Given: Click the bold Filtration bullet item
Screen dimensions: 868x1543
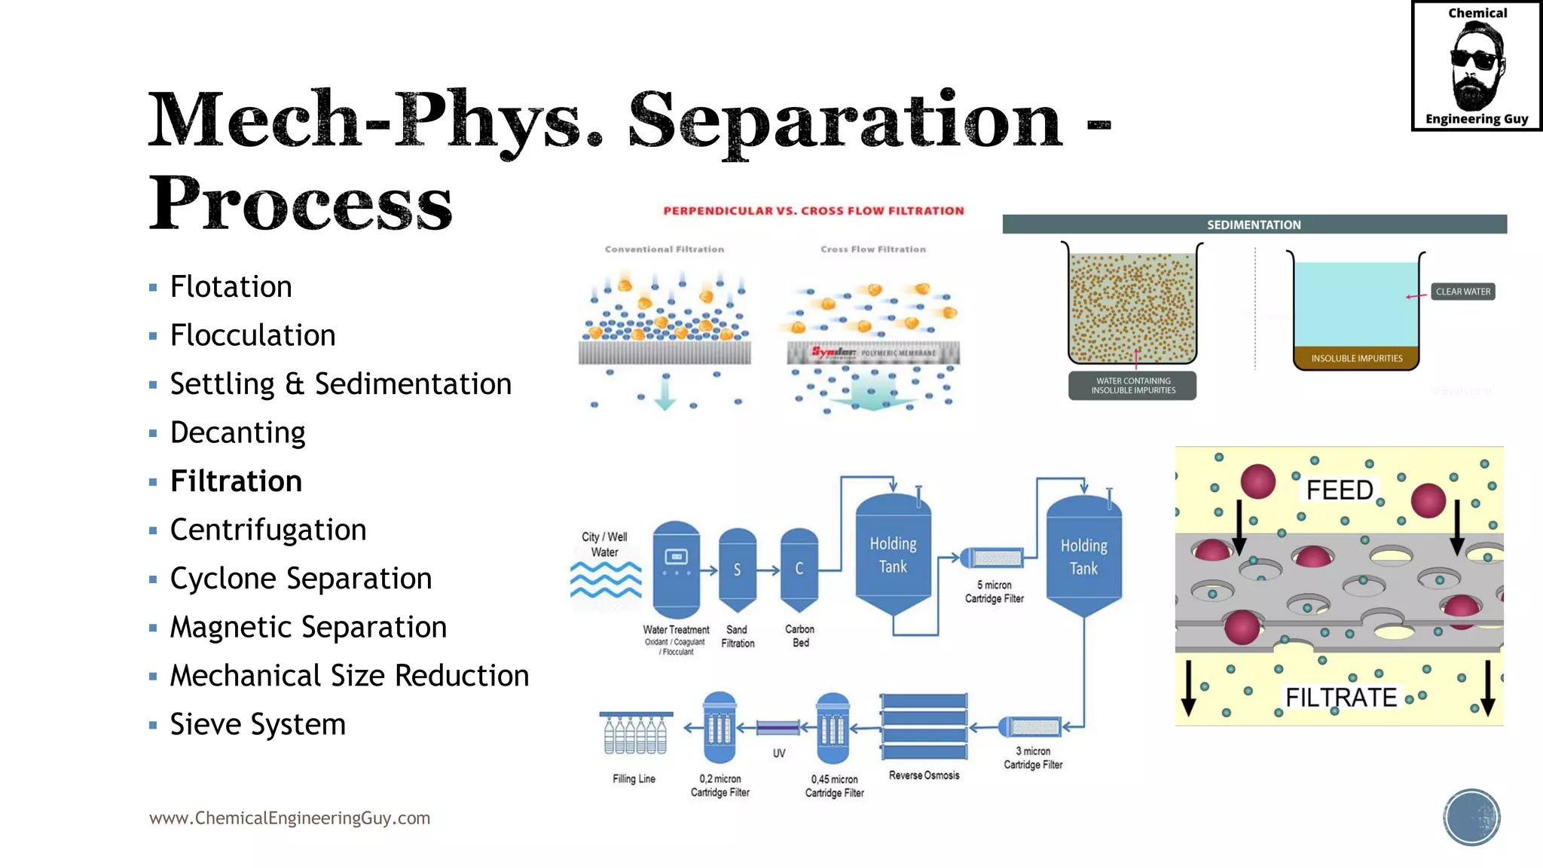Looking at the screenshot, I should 236,481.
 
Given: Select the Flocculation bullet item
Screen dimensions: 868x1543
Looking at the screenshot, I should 252,335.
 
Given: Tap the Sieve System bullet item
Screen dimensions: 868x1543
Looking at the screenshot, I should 258,725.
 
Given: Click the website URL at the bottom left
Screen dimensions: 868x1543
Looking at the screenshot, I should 289,818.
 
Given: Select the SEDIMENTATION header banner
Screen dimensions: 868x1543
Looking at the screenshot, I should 1254,225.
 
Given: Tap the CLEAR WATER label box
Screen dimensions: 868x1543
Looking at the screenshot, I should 1462,292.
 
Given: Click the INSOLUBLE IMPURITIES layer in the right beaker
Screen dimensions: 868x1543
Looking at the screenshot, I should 1356,359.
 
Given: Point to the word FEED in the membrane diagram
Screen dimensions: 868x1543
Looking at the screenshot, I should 1340,491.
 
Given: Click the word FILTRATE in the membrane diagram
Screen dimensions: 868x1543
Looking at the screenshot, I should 1340,698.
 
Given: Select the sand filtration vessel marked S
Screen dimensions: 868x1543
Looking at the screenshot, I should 737,570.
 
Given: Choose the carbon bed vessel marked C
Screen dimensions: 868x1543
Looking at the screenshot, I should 799,569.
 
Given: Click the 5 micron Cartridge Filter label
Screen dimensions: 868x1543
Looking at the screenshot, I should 994,591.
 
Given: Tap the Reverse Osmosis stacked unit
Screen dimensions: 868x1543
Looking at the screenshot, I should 924,726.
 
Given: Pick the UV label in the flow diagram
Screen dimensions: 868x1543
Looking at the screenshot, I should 779,753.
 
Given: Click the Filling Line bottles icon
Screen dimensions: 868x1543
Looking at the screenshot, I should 635,733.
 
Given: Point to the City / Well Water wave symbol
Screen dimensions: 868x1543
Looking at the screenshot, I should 606,579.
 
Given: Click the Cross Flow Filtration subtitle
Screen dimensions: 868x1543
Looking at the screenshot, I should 872,249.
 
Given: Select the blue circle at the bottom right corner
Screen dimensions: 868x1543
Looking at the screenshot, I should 1471,818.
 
